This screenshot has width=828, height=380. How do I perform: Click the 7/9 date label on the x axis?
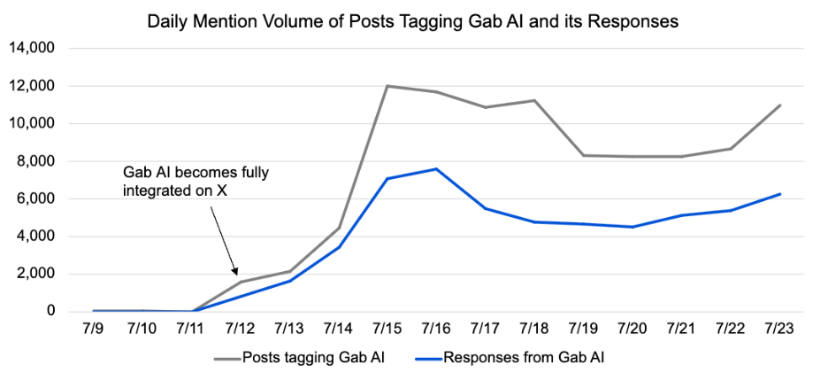pos(93,329)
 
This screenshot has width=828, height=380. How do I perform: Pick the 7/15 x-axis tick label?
pos(387,329)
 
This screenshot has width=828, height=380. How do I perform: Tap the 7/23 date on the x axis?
pos(778,329)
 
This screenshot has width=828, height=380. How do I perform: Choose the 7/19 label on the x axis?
pos(583,329)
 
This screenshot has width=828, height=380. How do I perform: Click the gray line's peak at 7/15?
pos(387,86)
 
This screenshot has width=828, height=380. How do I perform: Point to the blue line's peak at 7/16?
pos(436,169)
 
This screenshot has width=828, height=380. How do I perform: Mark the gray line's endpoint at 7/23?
pos(779,105)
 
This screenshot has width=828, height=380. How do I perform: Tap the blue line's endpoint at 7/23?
pos(779,194)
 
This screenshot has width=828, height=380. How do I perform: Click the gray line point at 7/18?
pos(534,100)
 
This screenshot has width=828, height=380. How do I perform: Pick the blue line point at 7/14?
pos(339,247)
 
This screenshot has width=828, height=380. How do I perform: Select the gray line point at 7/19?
pos(583,155)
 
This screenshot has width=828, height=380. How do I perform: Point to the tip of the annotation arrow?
pos(237,275)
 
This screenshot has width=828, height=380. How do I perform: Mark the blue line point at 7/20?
pos(632,227)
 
